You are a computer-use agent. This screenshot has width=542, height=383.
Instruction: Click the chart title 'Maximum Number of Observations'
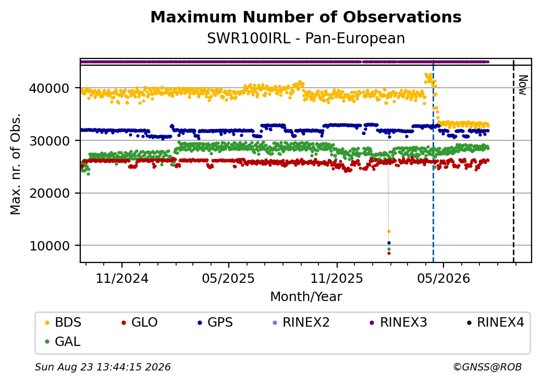point(306,17)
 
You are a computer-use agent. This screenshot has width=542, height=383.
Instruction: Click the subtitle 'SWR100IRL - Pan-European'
point(306,39)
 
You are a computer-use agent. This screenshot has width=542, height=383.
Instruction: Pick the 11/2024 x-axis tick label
point(122,278)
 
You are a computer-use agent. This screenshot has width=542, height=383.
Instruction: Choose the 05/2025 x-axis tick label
point(228,278)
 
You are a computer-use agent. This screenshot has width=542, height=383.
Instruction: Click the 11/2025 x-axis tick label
point(337,278)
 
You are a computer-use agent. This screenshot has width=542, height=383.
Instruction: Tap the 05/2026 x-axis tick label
point(444,278)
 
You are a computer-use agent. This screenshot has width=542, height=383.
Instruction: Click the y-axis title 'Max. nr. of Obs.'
point(16,164)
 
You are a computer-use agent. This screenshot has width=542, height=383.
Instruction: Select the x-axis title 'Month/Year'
point(306,296)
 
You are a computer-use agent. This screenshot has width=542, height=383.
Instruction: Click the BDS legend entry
point(63,322)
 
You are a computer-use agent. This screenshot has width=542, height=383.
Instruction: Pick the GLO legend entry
point(139,322)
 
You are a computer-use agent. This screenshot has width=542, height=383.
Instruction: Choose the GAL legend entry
point(63,341)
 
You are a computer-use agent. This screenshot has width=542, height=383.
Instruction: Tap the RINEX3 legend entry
point(398,322)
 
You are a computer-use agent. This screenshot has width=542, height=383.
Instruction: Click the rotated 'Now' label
point(523,85)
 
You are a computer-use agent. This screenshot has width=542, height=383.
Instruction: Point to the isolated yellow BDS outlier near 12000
point(389,232)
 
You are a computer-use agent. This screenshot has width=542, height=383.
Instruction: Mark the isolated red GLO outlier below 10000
point(389,253)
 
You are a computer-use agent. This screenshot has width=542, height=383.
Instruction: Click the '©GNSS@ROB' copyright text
point(487,367)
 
